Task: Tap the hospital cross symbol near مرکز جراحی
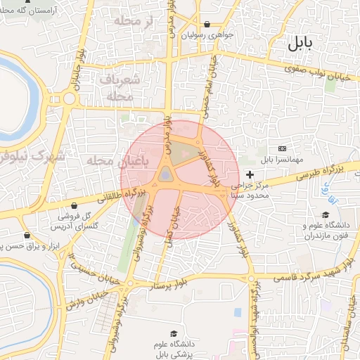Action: click(x=250, y=173)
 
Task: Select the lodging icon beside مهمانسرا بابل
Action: click(x=283, y=148)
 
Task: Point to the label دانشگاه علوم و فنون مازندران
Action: click(x=326, y=231)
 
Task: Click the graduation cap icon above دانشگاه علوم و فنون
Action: click(x=325, y=214)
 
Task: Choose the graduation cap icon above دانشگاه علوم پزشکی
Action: click(x=173, y=333)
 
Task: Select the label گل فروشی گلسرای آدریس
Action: click(x=75, y=221)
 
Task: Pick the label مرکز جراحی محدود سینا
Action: click(x=255, y=190)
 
